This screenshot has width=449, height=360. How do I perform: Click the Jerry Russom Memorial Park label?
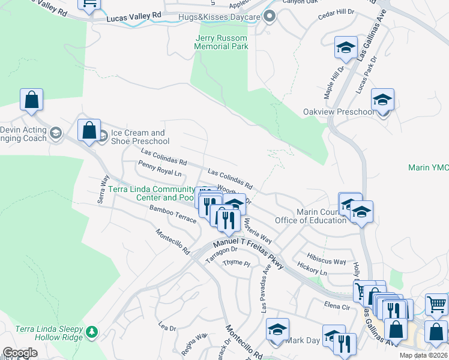[x=221, y=42]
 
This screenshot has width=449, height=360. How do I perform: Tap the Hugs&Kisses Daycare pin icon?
[x=270, y=17]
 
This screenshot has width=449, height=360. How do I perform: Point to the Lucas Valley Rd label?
[x=134, y=19]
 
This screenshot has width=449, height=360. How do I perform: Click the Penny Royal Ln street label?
[x=159, y=169]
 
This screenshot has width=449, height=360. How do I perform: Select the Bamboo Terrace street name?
[x=173, y=214]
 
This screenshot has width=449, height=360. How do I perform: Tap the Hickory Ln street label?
[x=312, y=272]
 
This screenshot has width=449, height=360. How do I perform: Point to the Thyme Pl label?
[x=236, y=263]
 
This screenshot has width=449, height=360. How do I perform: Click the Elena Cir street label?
[x=337, y=305]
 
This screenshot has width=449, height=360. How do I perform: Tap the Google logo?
[x=20, y=353]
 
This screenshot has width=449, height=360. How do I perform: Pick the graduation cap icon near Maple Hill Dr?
[x=346, y=47]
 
